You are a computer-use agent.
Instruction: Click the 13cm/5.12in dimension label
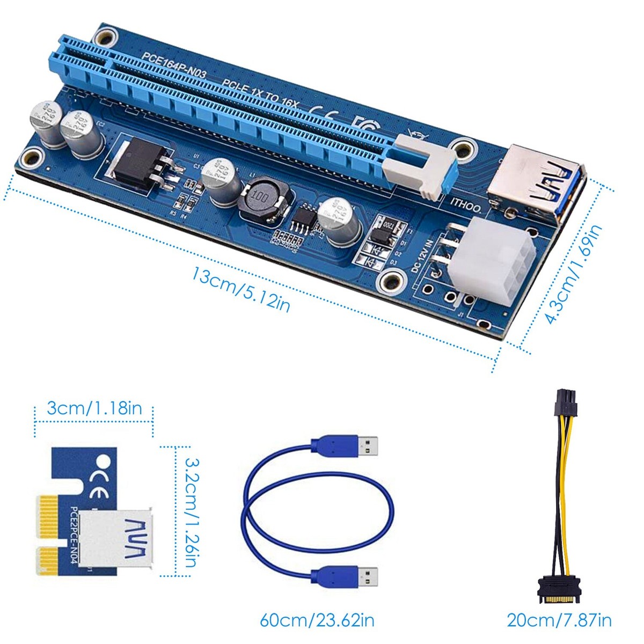(x=241, y=290)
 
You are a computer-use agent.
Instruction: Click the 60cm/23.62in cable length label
(x=317, y=620)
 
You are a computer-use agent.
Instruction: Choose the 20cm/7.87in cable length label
(x=559, y=620)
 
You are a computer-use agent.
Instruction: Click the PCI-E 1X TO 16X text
(x=260, y=91)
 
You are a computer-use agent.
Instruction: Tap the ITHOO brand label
(x=465, y=204)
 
